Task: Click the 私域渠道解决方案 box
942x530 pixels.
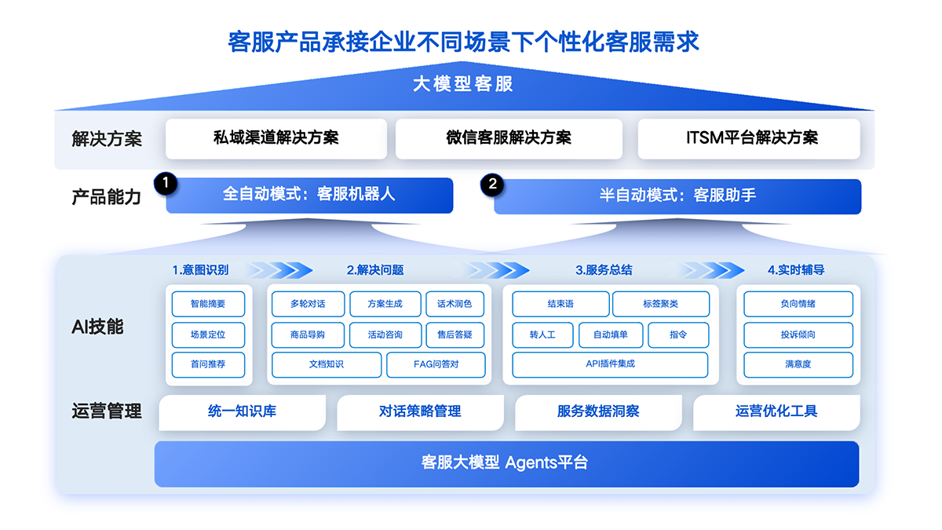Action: [276, 138]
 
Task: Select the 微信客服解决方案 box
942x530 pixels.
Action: [509, 138]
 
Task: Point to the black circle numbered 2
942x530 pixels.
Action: [492, 185]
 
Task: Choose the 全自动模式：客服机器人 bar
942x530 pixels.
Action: [309, 196]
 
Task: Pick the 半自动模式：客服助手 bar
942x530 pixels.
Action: [677, 196]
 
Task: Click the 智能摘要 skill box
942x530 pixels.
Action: [208, 304]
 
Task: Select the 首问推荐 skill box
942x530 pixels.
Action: [208, 364]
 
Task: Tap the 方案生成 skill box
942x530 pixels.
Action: [385, 304]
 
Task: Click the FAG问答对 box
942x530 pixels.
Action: [436, 364]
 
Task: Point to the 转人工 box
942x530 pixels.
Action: [542, 334]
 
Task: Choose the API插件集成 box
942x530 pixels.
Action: [610, 364]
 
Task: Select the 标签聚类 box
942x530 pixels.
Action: [660, 304]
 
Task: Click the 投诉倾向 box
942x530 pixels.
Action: [798, 334]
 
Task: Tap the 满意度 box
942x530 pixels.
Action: [798, 364]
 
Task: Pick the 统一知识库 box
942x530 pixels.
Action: [242, 411]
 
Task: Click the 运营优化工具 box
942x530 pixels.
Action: [776, 411]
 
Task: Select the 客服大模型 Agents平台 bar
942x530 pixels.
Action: [506, 463]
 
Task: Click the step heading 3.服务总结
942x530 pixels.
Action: [604, 270]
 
